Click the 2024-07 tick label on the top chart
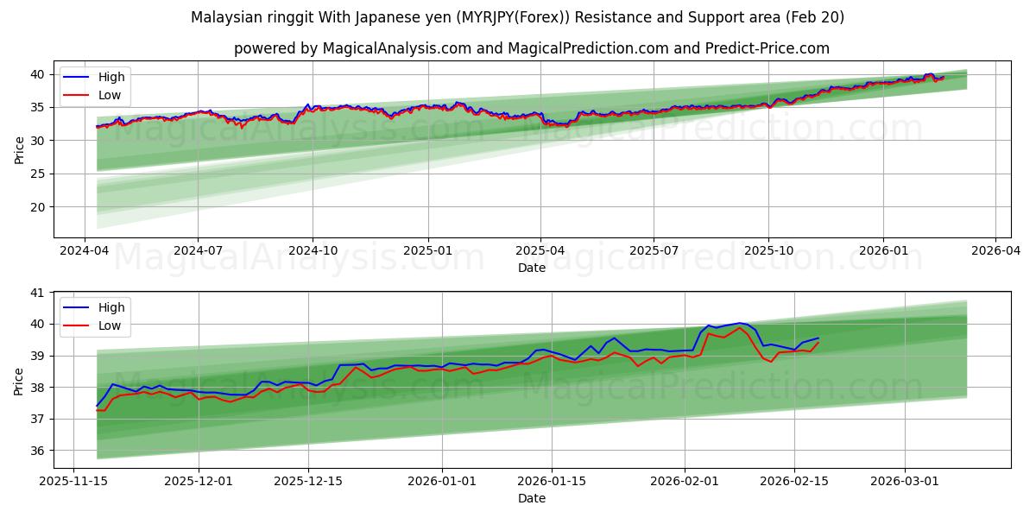click(x=198, y=250)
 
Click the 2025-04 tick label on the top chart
click(x=540, y=250)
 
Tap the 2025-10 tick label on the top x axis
click(x=768, y=250)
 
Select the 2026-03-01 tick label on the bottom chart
click(x=905, y=481)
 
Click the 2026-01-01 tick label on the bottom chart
click(x=442, y=481)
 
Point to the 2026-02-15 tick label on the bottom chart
click(x=794, y=481)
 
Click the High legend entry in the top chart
click(x=111, y=77)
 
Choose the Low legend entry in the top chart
click(x=110, y=95)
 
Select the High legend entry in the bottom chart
click(x=111, y=307)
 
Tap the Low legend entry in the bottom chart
click(x=110, y=325)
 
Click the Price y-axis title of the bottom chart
click(x=19, y=380)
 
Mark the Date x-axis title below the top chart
click(x=532, y=268)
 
